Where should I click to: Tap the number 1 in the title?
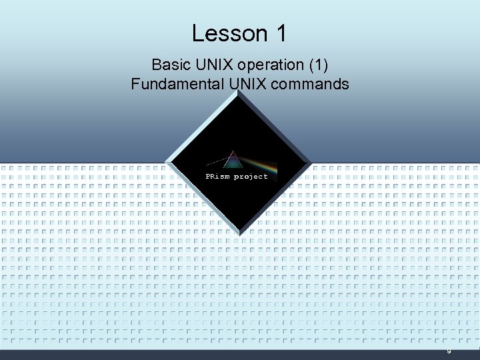coord(279,33)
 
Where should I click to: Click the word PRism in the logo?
coord(217,177)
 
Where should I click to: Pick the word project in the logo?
coord(251,177)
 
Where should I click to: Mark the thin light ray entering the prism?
coord(215,162)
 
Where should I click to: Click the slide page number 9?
coord(449,351)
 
